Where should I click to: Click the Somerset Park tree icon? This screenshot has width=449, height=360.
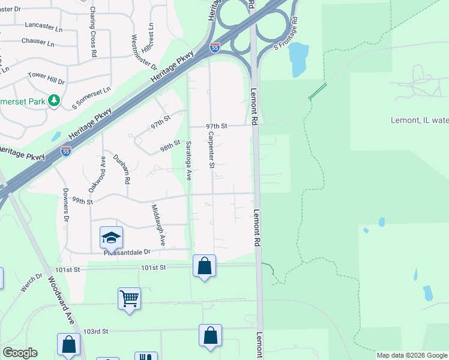[x=54, y=100]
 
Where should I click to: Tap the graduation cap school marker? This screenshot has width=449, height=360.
[x=111, y=239]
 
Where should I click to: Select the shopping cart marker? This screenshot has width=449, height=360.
[x=129, y=298]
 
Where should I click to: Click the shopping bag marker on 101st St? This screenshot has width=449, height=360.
[x=204, y=265]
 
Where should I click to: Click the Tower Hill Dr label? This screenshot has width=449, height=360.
[x=46, y=77]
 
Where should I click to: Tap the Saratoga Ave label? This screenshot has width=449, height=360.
[x=188, y=160]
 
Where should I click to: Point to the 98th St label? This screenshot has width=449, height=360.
[x=170, y=146]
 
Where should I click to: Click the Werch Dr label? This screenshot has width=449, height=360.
[x=31, y=283]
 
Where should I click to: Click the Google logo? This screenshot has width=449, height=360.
[x=20, y=353]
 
